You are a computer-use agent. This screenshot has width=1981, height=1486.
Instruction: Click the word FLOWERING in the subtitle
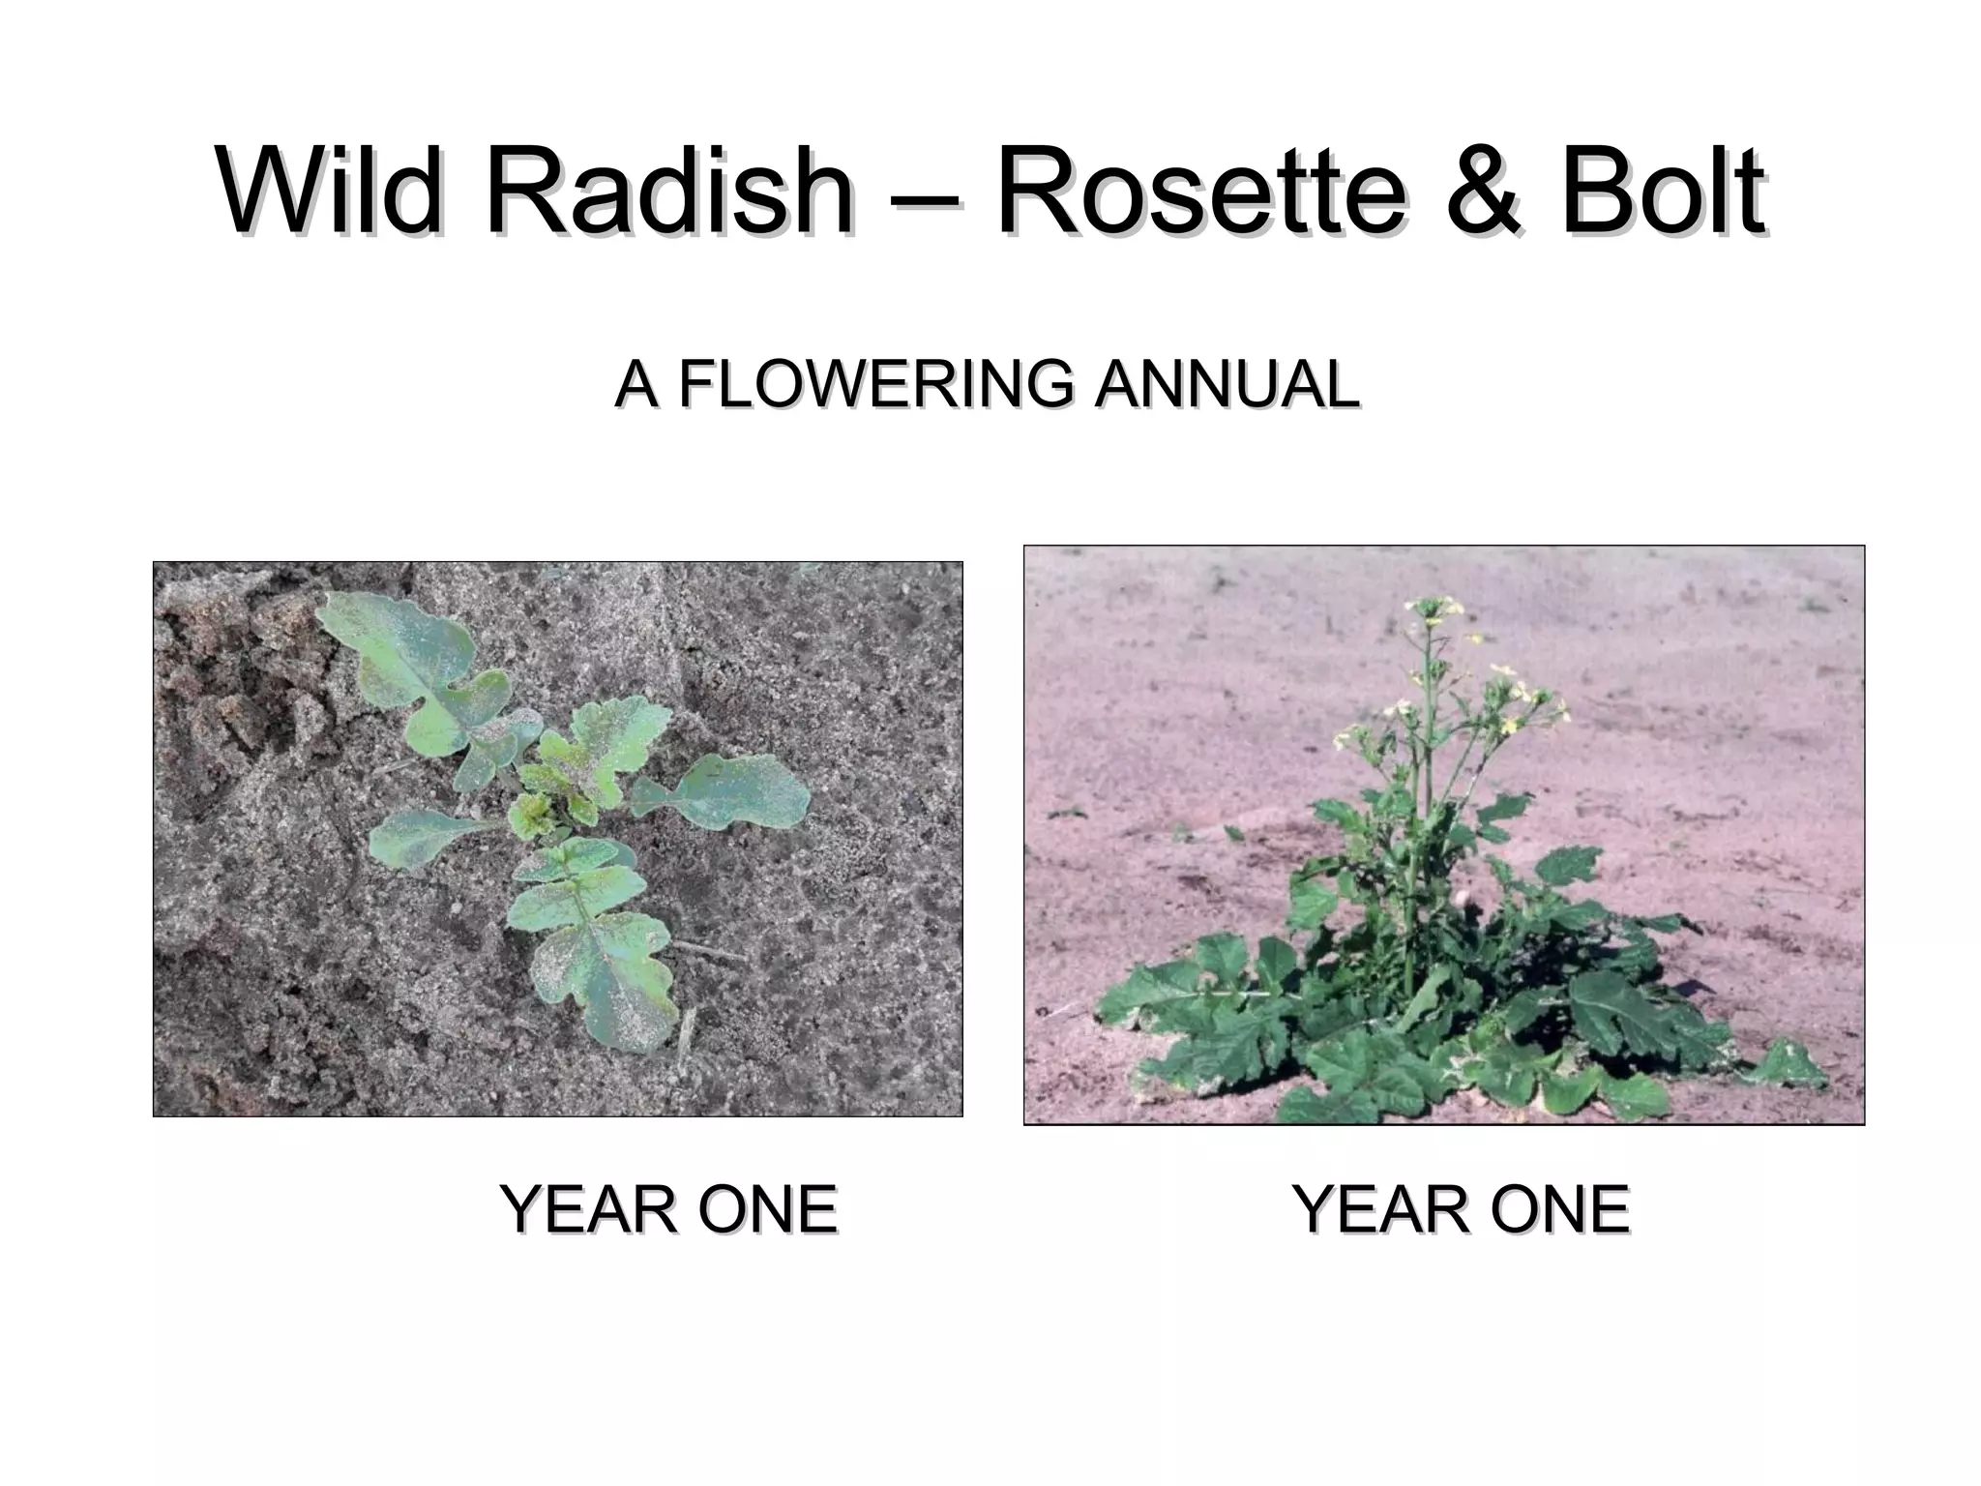click(875, 384)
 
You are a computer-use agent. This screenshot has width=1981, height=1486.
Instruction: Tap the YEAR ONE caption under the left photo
click(667, 1209)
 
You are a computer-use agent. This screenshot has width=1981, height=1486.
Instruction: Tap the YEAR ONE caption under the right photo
click(1461, 1209)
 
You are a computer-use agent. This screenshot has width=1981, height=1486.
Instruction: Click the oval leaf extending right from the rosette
click(740, 791)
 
